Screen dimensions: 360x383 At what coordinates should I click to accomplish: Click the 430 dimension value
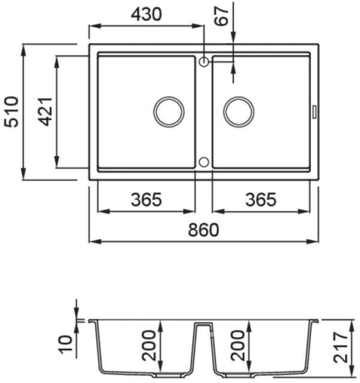point(146,14)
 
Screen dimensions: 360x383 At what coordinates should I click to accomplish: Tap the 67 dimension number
point(221,16)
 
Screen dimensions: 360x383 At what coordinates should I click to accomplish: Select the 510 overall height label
point(12,112)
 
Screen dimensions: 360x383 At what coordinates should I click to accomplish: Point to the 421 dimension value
point(46,112)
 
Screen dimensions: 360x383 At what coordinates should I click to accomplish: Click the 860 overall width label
point(203,230)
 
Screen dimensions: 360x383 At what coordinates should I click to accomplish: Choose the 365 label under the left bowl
point(146,200)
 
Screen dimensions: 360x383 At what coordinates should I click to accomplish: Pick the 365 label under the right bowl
point(261,200)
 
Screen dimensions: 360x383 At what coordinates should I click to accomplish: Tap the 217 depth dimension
point(341,347)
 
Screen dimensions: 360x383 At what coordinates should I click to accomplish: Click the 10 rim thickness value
point(65,345)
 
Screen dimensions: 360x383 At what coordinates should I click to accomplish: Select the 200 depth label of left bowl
point(149,345)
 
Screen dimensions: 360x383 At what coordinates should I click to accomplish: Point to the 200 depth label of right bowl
point(238,345)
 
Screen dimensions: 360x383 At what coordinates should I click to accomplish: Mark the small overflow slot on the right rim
point(314,112)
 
